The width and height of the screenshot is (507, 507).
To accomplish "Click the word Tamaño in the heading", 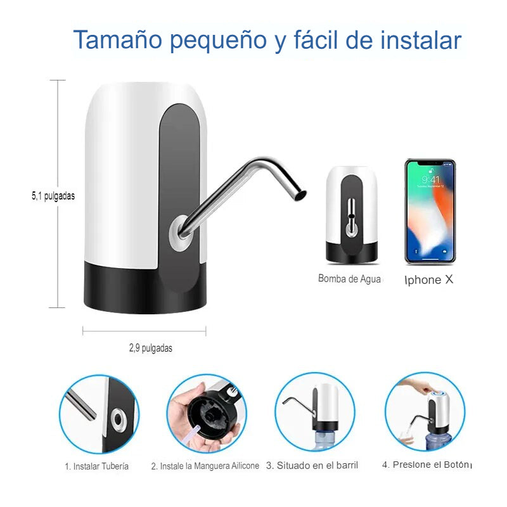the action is click(118, 40).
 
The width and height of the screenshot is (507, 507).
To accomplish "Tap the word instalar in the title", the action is click(421, 40).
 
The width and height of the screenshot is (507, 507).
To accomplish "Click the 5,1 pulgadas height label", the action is click(53, 196).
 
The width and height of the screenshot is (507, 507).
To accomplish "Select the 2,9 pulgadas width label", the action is click(151, 348).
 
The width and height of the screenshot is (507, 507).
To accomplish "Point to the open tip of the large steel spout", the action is click(300, 195).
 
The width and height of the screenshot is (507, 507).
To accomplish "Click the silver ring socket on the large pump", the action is click(180, 233).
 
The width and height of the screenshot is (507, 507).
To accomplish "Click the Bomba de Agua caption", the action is click(349, 279).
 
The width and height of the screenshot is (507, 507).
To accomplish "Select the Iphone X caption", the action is click(429, 279).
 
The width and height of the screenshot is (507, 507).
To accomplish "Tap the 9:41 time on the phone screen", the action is click(430, 179).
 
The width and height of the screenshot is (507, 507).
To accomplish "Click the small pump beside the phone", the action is click(352, 215).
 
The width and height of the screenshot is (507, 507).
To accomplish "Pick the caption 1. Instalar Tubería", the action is click(96, 466).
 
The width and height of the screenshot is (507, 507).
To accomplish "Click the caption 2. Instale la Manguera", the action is click(205, 466).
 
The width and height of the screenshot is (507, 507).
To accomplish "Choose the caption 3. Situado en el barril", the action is click(312, 465).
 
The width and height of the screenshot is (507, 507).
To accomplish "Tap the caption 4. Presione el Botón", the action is click(426, 465).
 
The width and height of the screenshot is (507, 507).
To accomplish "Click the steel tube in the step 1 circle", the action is click(81, 405).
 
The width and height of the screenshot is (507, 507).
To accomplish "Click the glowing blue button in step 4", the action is click(439, 394).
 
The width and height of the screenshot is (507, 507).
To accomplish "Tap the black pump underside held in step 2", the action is click(213, 414).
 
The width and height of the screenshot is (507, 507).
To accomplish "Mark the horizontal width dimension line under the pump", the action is click(144, 331).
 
